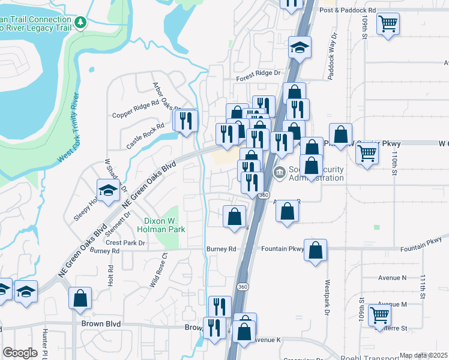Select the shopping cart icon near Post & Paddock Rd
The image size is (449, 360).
pyautogui.click(x=388, y=24)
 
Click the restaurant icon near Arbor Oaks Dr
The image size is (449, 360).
pyautogui.click(x=185, y=120)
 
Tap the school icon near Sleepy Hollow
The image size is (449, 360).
pyautogui.click(x=108, y=190)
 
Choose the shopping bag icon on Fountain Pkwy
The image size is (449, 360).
pyautogui.click(x=316, y=250)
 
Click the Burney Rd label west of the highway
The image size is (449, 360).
pyautogui.click(x=221, y=249)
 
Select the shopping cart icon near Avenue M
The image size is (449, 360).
pyautogui.click(x=380, y=314)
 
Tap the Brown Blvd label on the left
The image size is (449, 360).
pyautogui.click(x=100, y=324)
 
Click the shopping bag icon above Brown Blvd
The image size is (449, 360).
pyautogui.click(x=80, y=298)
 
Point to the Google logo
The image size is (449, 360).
pyautogui.click(x=20, y=353)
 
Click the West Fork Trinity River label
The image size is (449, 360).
pyautogui.click(x=69, y=127)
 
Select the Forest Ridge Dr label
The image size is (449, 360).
pyautogui.click(x=259, y=73)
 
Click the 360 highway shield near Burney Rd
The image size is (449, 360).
pyautogui.click(x=243, y=287)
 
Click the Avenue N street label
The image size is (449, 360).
pyautogui.click(x=392, y=277)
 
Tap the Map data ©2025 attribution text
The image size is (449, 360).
pyautogui.click(x=423, y=355)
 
